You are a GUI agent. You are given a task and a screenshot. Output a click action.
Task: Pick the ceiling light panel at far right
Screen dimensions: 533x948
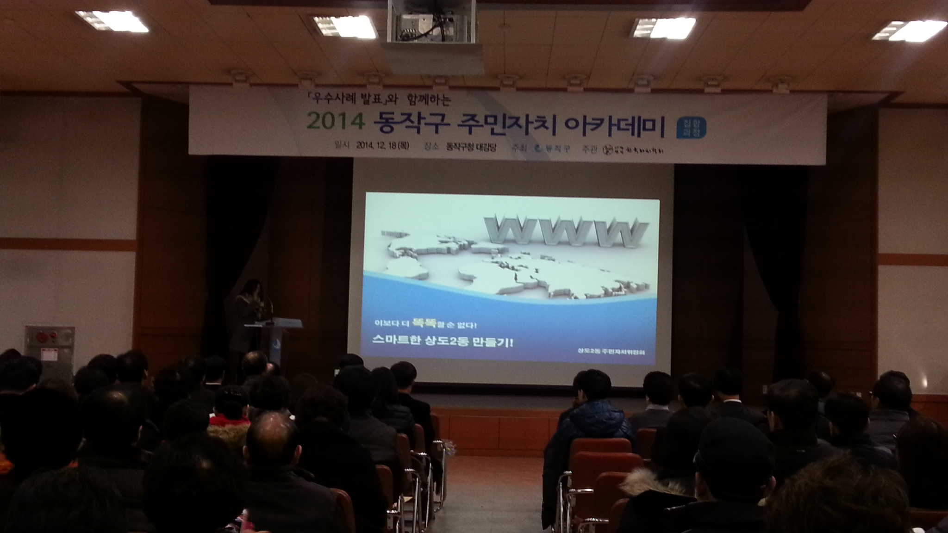click(910, 31)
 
